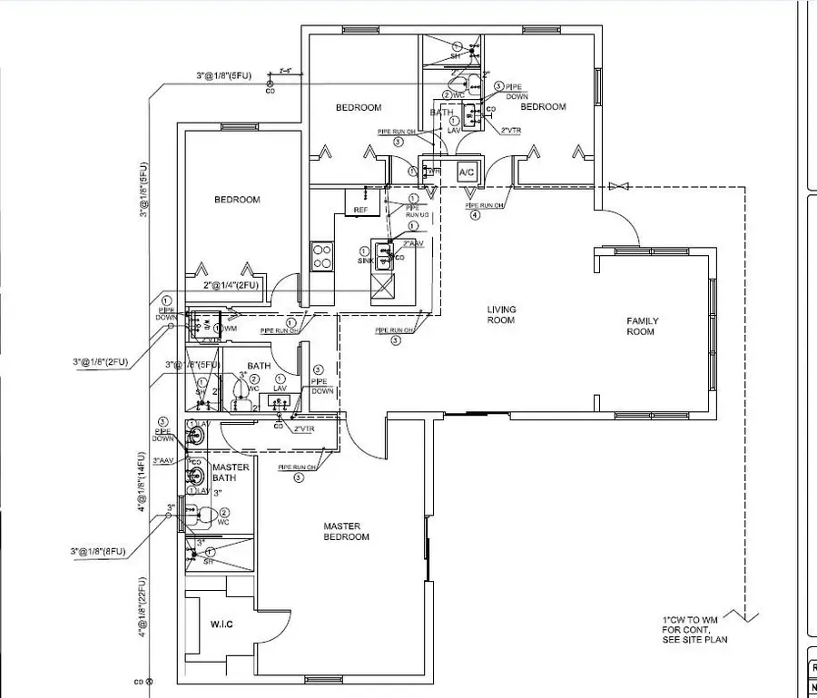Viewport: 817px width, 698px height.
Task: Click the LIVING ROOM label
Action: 501,315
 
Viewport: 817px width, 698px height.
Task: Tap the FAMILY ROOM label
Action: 643,326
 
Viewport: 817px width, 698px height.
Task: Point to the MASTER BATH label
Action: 231,472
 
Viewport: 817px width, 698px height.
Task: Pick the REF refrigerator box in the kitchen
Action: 360,210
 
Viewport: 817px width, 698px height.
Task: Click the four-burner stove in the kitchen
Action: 322,254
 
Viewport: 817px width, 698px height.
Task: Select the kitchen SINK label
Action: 365,261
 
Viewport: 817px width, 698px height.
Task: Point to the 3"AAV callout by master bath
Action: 164,459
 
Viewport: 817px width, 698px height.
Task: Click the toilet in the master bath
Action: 204,517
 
